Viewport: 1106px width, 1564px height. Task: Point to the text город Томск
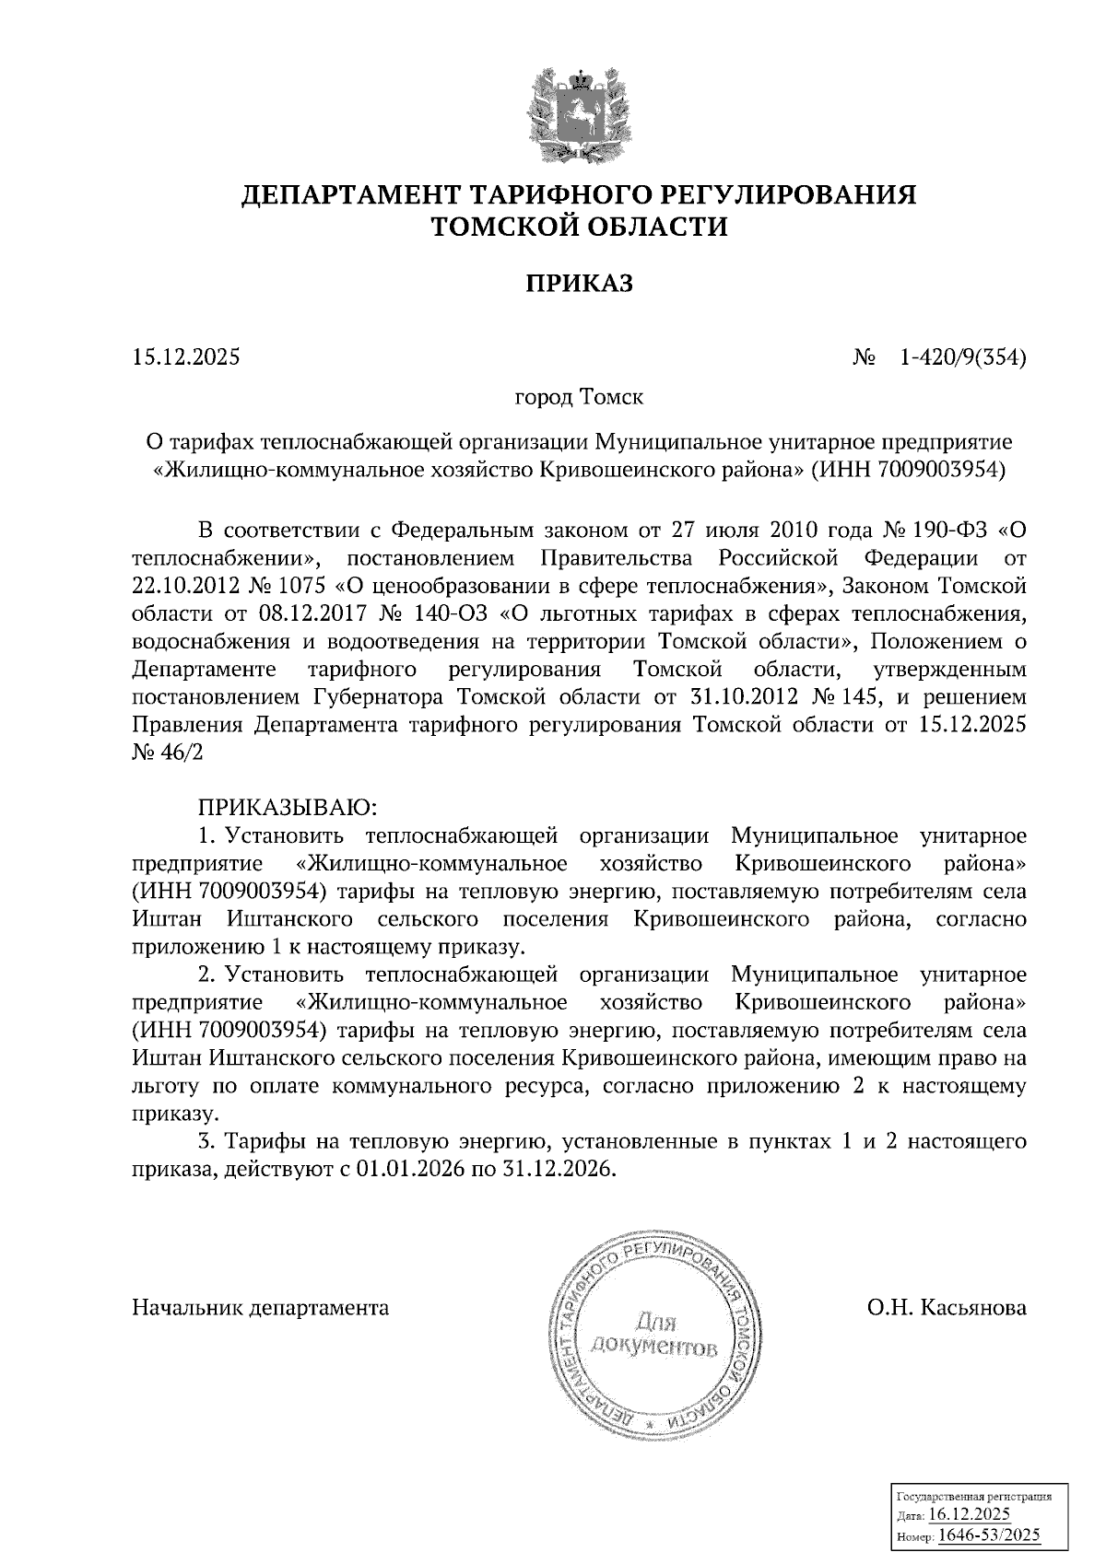[x=579, y=399]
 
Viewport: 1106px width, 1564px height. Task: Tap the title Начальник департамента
[x=261, y=1307]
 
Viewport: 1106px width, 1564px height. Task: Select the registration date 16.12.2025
[x=970, y=1516]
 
